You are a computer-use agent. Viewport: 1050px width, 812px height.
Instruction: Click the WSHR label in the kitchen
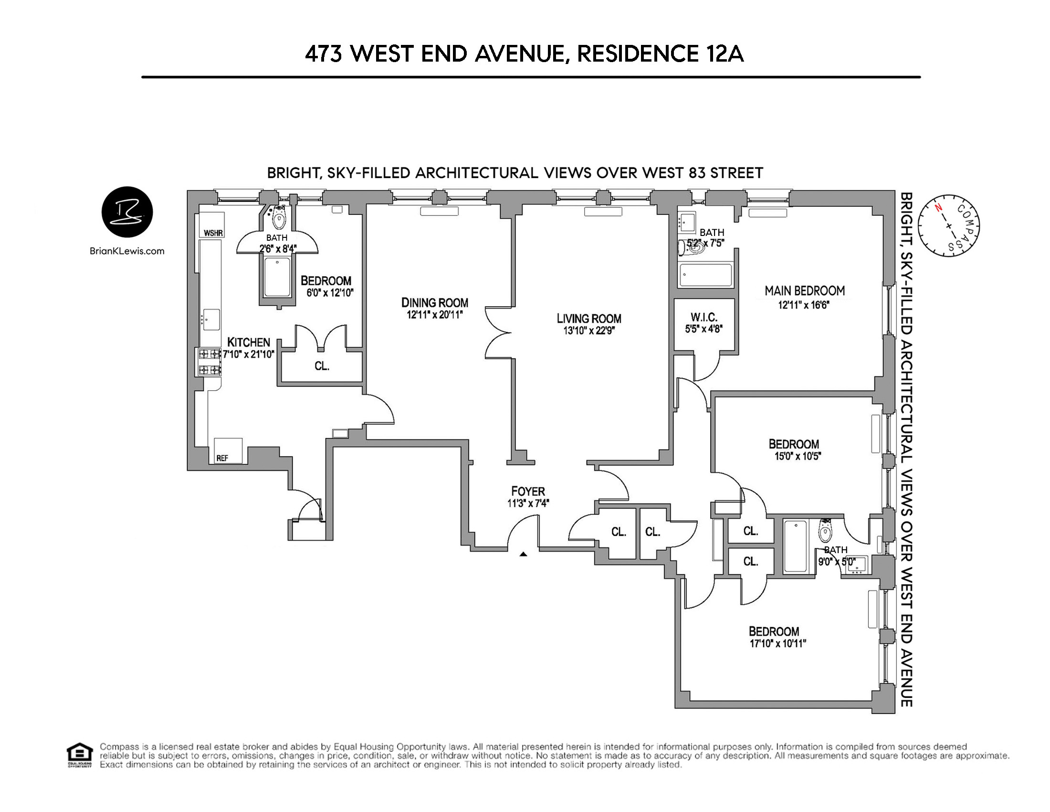click(x=213, y=233)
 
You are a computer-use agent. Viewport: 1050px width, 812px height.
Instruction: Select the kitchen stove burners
click(x=210, y=362)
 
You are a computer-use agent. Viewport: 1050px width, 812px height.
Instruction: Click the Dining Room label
click(x=435, y=302)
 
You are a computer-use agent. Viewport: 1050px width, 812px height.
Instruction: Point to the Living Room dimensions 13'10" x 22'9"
click(x=589, y=331)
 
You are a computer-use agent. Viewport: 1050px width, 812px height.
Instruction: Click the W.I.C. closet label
click(x=704, y=318)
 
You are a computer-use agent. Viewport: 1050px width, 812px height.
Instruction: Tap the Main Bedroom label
click(x=804, y=291)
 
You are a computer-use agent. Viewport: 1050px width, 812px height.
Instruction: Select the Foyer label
click(x=528, y=491)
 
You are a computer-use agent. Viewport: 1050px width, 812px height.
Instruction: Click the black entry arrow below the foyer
click(x=523, y=554)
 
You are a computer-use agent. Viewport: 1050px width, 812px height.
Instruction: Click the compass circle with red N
click(x=948, y=225)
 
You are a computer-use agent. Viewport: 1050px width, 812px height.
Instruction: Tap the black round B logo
click(x=127, y=212)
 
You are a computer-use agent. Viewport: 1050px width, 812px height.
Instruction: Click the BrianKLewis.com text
click(x=127, y=251)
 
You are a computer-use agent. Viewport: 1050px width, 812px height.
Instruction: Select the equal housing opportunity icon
click(x=80, y=755)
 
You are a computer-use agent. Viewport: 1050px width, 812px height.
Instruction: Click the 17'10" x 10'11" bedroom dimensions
click(x=777, y=644)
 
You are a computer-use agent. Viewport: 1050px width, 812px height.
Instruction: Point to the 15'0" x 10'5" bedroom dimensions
click(x=797, y=456)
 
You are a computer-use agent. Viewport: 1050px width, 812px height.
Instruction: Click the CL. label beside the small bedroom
click(x=322, y=366)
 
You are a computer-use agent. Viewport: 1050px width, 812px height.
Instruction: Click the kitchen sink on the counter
click(x=211, y=320)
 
